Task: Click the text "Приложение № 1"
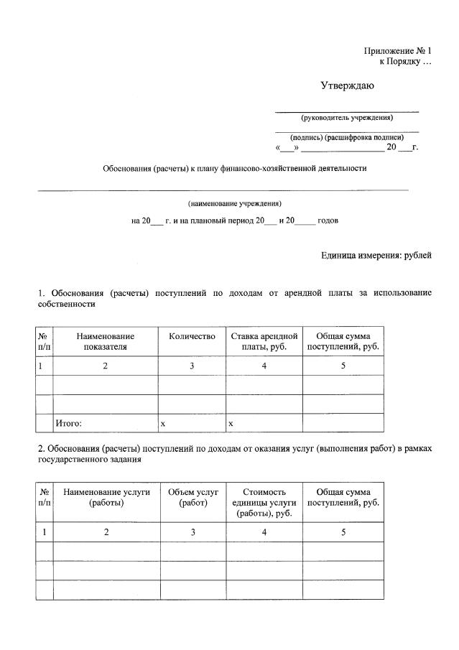[397, 51]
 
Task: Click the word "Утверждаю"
[348, 86]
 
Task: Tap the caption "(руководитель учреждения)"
[347, 118]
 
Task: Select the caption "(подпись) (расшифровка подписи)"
[347, 136]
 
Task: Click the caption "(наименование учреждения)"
[235, 203]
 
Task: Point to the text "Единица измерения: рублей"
[376, 255]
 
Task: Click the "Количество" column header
[192, 336]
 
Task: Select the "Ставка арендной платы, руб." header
[264, 341]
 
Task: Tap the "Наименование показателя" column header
[105, 341]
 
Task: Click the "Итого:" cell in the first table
[69, 424]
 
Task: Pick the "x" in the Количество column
[163, 424]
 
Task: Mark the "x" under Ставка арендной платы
[231, 424]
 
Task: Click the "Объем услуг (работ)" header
[193, 498]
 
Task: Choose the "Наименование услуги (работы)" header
[106, 498]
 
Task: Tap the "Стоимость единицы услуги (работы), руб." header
[264, 503]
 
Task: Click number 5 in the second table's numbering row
[343, 532]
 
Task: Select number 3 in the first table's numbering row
[192, 366]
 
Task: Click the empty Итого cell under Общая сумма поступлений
[343, 423]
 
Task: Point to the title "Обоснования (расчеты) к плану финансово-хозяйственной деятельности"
[234, 169]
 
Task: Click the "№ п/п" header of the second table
[45, 498]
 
